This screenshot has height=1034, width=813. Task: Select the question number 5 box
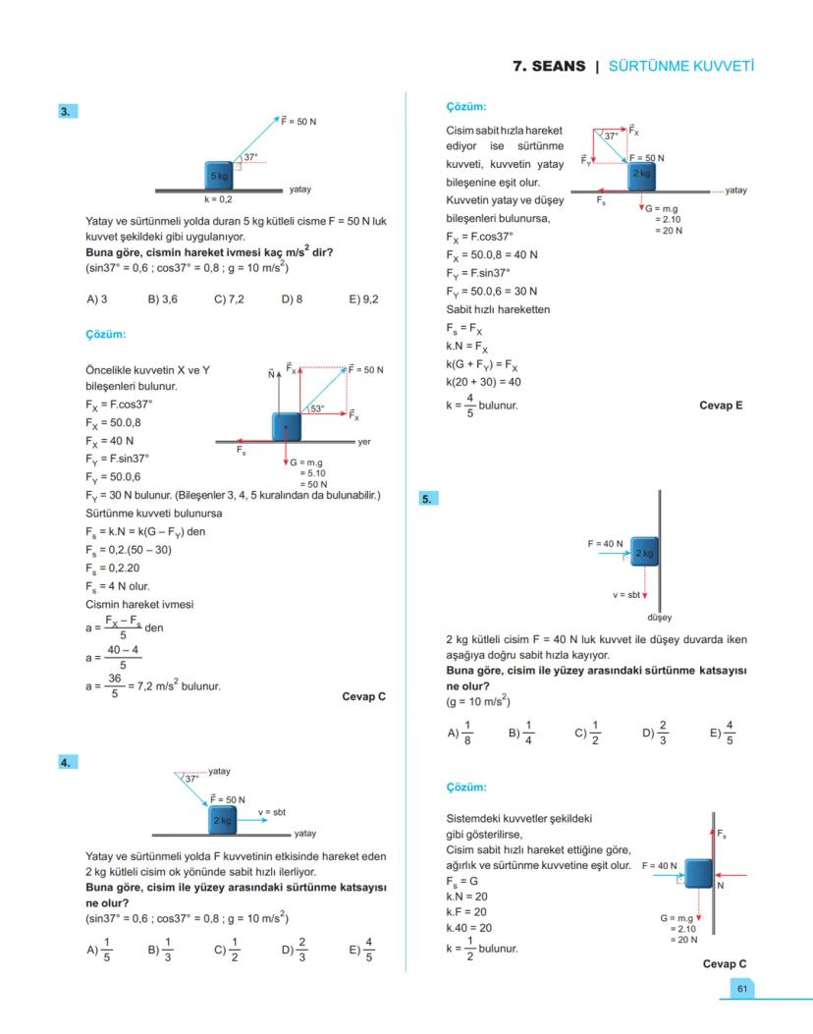[x=427, y=499]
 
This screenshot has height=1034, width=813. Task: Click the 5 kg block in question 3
[x=219, y=175]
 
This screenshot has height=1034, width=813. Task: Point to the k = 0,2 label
[x=218, y=198]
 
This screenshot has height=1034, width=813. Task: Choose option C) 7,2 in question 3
[x=229, y=299]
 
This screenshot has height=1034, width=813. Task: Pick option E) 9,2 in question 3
[x=362, y=299]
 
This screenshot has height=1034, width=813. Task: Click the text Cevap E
[x=721, y=405]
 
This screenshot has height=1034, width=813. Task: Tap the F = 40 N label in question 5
[x=606, y=543]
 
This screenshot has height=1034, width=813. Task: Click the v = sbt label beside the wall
[x=625, y=595]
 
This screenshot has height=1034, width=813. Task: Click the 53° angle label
[x=317, y=408]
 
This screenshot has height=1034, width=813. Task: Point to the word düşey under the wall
[x=659, y=618]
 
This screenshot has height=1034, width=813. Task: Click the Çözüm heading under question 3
[x=106, y=335]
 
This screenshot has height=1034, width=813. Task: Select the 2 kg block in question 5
[x=644, y=554]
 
